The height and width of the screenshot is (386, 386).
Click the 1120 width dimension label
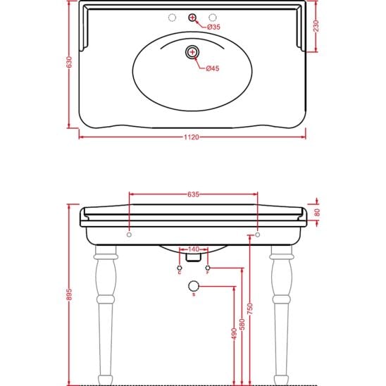[192, 137]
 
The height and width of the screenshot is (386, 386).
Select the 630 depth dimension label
[70, 62]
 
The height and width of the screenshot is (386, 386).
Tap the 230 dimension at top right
[316, 26]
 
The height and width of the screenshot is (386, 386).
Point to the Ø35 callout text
[213, 27]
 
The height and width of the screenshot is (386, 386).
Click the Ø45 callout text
[213, 68]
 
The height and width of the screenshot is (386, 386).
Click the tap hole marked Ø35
[192, 18]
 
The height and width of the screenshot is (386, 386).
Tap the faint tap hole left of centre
[172, 18]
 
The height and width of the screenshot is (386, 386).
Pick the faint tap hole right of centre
[213, 18]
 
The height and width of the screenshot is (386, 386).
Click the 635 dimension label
[193, 194]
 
